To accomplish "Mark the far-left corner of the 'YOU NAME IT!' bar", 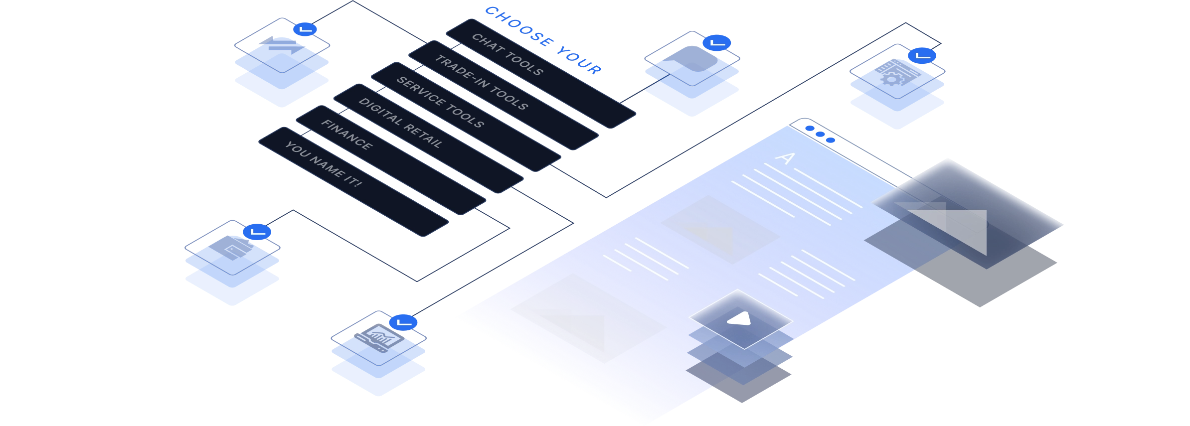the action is pyautogui.click(x=259, y=142).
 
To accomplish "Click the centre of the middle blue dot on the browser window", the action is pyautogui.click(x=820, y=134).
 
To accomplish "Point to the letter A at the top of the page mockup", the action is pyautogui.click(x=786, y=158).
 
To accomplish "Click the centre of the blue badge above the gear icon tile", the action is pyautogui.click(x=922, y=56).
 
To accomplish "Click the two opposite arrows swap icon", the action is pyautogui.click(x=282, y=45).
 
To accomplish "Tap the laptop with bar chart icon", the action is pyautogui.click(x=379, y=338).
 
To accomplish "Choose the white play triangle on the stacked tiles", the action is pyautogui.click(x=740, y=318).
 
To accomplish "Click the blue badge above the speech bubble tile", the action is pyautogui.click(x=717, y=43).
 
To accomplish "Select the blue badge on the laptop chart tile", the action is pyautogui.click(x=403, y=322).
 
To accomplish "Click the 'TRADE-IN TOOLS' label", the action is pyautogui.click(x=482, y=82).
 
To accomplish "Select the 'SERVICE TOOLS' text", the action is pyautogui.click(x=440, y=102).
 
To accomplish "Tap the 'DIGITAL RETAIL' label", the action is pyautogui.click(x=400, y=123).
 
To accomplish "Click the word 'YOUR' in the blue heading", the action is pyautogui.click(x=579, y=61).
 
